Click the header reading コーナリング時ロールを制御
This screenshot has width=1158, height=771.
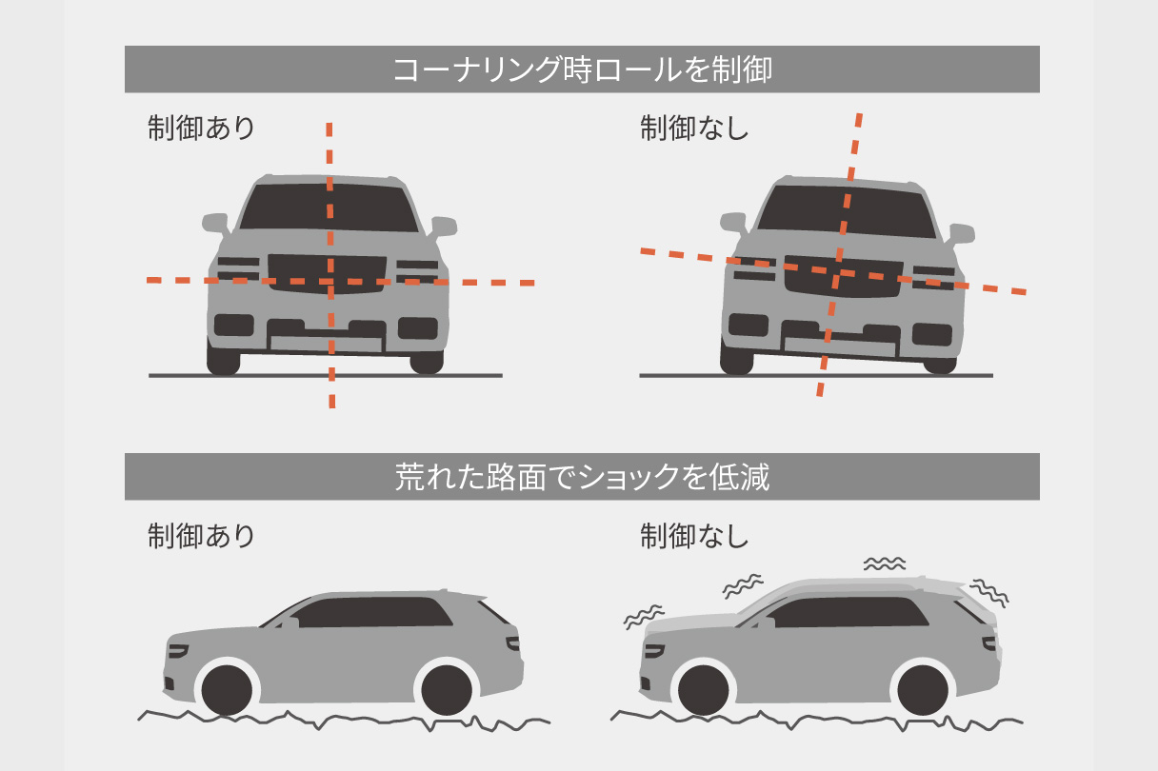coord(582,69)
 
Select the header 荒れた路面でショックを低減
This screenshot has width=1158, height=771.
coord(582,477)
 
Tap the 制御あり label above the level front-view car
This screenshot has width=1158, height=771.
coord(201,128)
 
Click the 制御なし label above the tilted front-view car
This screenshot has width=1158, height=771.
coord(694,128)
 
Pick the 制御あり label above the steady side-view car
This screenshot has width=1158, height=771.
coord(201,536)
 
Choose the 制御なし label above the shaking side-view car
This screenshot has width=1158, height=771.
coord(694,536)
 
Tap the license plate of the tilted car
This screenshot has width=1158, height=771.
coord(838,345)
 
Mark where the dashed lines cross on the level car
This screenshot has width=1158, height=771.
coord(330,282)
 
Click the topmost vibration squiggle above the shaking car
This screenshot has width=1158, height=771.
coord(885,563)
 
